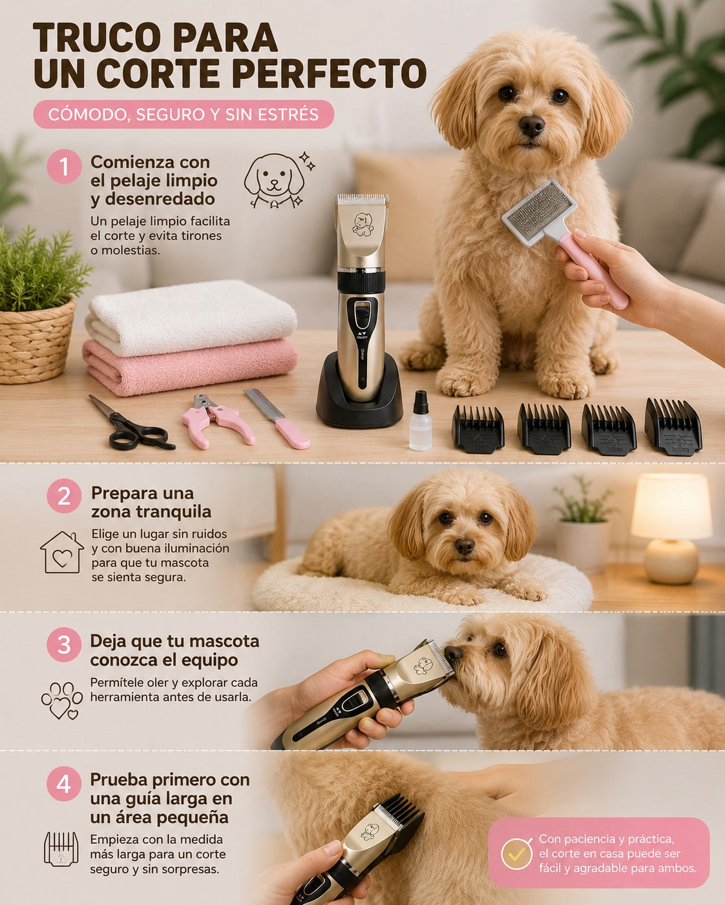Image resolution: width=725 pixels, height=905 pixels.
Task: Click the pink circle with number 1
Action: (64, 167)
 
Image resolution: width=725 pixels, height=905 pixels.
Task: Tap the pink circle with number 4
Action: (64, 784)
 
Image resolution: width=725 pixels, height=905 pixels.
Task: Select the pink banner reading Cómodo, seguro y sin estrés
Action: (184, 114)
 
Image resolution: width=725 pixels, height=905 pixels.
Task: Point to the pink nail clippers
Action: (217, 420)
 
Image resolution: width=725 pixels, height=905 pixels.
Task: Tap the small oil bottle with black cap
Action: (421, 421)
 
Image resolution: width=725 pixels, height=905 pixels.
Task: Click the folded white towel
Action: (191, 317)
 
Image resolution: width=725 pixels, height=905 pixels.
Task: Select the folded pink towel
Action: (189, 367)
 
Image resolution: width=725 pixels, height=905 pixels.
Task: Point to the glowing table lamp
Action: (671, 528)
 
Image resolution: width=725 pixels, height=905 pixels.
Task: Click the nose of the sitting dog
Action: (531, 125)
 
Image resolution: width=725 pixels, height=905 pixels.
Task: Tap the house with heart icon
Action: (62, 552)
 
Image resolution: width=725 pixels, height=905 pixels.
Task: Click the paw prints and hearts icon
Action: (62, 700)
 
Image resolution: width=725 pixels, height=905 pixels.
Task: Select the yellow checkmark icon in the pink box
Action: (517, 854)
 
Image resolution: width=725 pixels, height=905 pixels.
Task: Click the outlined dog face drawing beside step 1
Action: (275, 180)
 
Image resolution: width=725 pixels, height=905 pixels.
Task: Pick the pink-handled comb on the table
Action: (277, 418)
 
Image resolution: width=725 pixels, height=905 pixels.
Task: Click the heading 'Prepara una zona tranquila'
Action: (151, 502)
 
